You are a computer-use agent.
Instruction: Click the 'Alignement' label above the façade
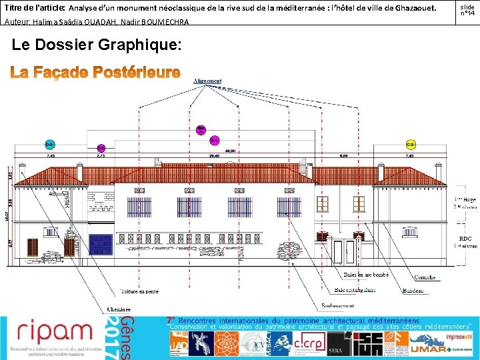click(x=207, y=81)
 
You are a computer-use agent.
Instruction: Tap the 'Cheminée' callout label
click(x=119, y=309)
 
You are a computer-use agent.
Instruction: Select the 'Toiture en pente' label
click(x=139, y=291)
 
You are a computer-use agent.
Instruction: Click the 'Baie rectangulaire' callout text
click(x=355, y=290)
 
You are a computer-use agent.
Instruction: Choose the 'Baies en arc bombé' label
click(x=366, y=275)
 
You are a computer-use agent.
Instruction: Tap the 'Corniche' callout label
click(x=425, y=277)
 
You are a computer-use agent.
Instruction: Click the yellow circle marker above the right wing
click(x=411, y=145)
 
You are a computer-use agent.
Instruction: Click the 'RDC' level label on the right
click(x=465, y=239)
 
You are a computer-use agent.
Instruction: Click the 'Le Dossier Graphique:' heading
click(x=97, y=45)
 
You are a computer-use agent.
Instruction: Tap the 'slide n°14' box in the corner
click(x=467, y=10)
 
